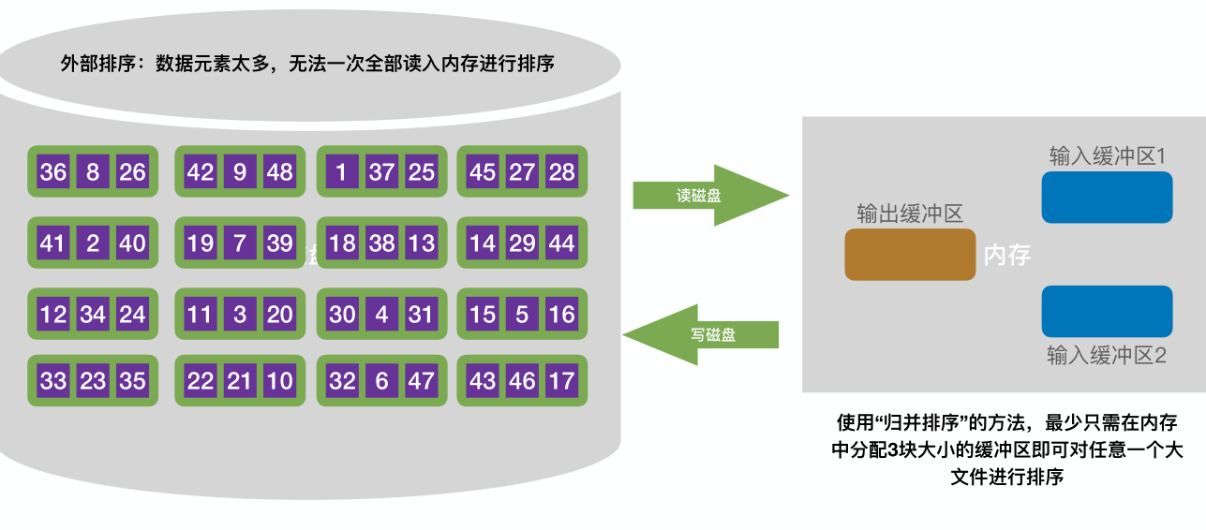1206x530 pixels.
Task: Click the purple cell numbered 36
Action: (53, 172)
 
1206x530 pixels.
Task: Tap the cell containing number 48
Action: (279, 172)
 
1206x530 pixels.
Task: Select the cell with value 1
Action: (341, 172)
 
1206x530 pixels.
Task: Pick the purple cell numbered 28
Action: (561, 172)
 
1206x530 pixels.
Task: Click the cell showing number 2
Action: (93, 243)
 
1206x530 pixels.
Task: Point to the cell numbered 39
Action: (279, 243)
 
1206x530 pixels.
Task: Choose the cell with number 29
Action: (522, 243)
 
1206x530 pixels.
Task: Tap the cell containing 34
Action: (93, 314)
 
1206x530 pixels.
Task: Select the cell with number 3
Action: (240, 314)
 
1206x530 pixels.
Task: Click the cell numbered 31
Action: (421, 314)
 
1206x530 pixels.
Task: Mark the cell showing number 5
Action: (522, 314)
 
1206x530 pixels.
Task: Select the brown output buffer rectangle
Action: (910, 255)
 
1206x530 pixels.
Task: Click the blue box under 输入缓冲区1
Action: (1107, 198)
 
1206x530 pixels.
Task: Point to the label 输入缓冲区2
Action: (1106, 356)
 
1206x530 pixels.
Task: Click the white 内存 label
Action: (1007, 255)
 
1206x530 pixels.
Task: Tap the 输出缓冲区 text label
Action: (909, 213)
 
